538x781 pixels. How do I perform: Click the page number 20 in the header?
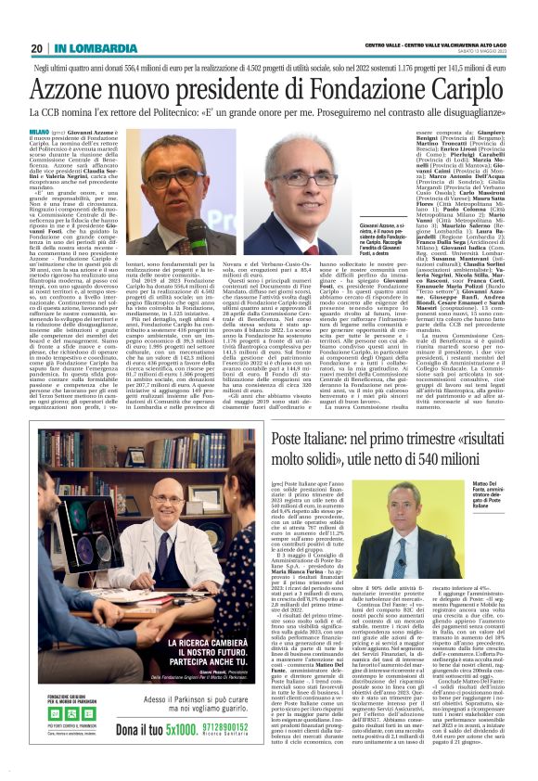click(x=36, y=47)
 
